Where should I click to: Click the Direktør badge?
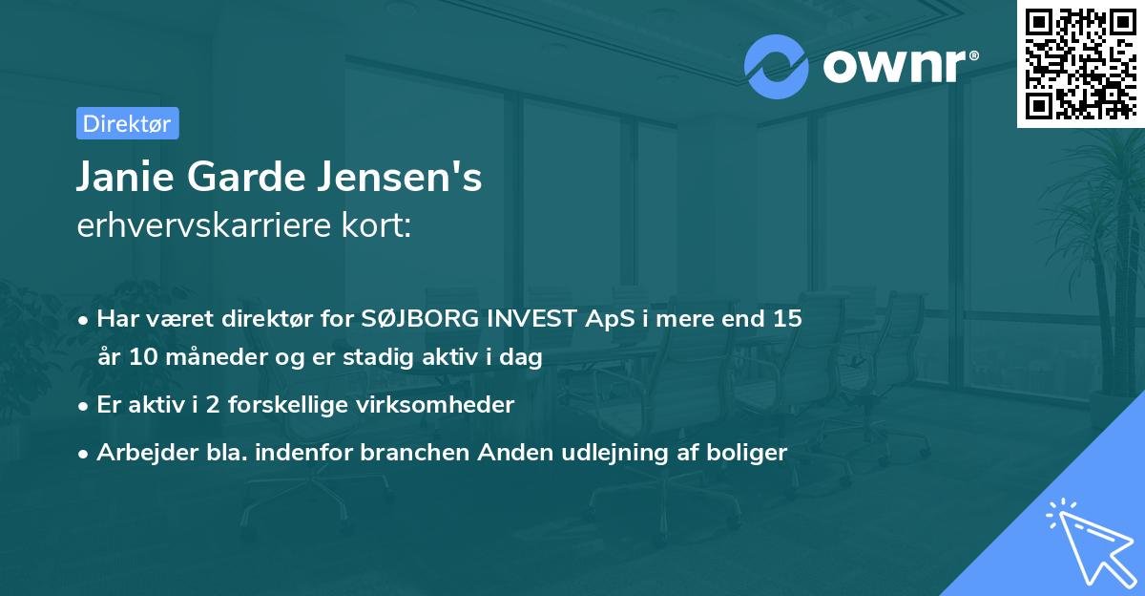click(x=127, y=123)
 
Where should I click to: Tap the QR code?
click(x=1080, y=64)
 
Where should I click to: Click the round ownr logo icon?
click(x=777, y=66)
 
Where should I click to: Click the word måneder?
click(x=193, y=358)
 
